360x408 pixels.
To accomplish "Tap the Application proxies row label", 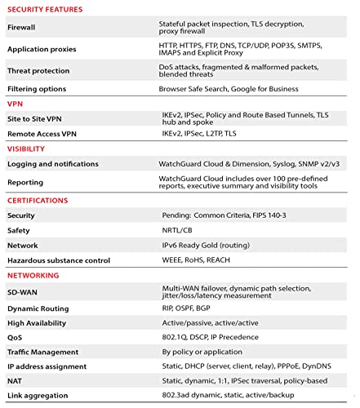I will (41, 49).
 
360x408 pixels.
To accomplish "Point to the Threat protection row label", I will (38, 71).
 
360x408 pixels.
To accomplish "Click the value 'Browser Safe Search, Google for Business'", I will (229, 88).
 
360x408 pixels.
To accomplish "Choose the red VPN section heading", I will (15, 104).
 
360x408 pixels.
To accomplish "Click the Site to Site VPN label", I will (34, 119).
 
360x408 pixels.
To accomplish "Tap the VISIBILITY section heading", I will (26, 149).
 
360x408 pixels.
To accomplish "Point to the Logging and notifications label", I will (53, 164).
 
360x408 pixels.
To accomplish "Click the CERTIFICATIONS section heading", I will (38, 200).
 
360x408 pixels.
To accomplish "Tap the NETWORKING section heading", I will (33, 275).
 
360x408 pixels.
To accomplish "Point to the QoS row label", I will (16, 338).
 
